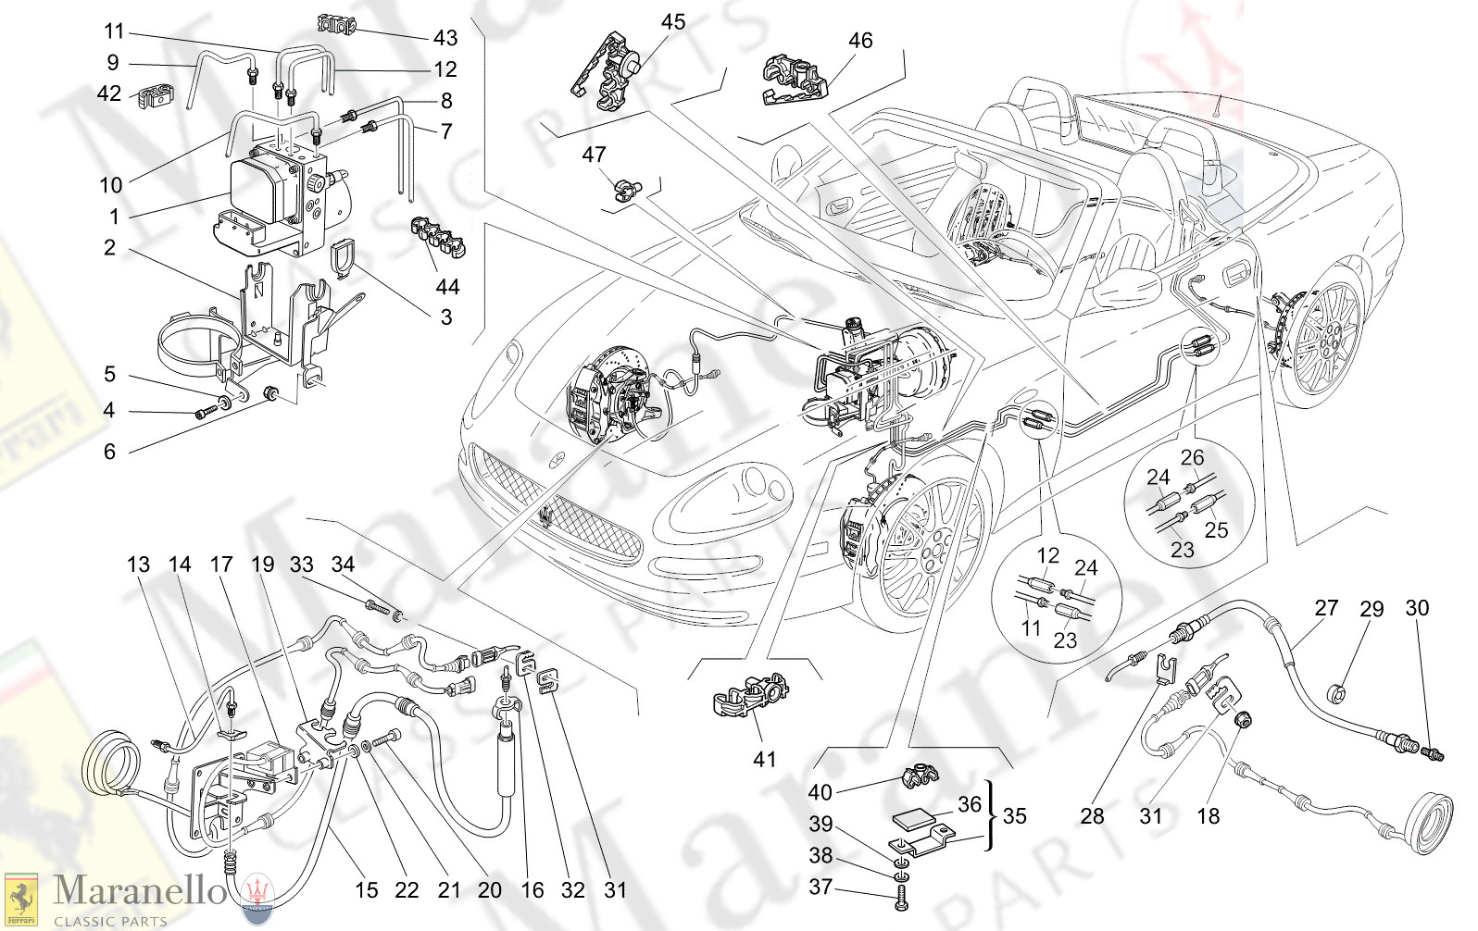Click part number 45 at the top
(673, 21)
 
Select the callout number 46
(860, 40)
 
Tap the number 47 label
(594, 155)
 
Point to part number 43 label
(445, 38)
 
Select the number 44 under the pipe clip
(447, 287)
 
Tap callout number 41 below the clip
(764, 760)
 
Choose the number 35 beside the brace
(1015, 816)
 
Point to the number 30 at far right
(1417, 608)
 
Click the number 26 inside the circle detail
(1193, 457)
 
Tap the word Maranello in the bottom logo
(140, 891)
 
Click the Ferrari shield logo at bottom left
(20, 899)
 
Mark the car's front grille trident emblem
(549, 514)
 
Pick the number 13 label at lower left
(138, 565)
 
